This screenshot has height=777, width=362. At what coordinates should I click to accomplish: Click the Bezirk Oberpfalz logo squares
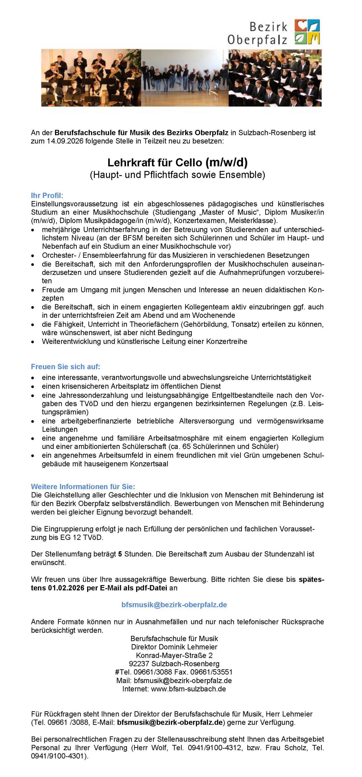307,32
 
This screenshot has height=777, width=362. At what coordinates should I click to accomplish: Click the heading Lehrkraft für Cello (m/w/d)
178,163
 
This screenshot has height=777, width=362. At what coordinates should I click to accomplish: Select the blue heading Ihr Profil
46,196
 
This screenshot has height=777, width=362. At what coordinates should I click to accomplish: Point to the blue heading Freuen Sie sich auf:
65,367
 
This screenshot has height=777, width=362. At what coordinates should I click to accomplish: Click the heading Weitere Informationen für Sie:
83,486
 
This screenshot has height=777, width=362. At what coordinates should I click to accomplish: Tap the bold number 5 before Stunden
120,554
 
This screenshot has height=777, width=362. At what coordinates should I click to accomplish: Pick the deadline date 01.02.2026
66,588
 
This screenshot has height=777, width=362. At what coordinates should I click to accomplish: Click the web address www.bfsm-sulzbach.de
188,689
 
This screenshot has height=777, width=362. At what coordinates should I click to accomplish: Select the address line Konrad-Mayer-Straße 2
174,655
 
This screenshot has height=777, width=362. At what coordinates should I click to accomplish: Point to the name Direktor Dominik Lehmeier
174,647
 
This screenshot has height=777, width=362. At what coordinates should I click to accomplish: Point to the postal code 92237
139,664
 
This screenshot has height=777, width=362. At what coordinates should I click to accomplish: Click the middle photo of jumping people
184,78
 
